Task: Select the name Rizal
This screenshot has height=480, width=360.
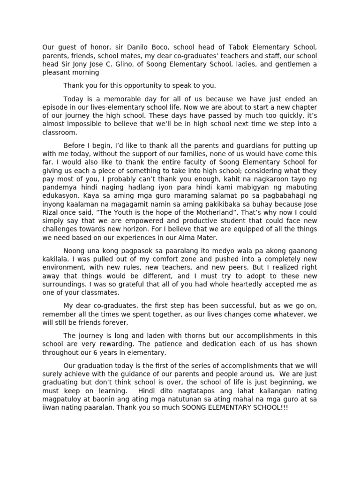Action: pos(52,213)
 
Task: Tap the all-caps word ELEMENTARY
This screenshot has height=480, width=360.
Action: pos(223,408)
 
